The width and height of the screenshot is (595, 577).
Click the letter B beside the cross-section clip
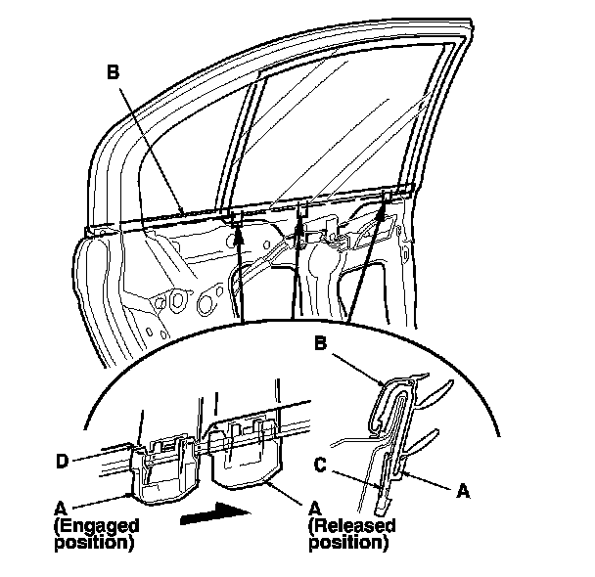[x=319, y=344]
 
